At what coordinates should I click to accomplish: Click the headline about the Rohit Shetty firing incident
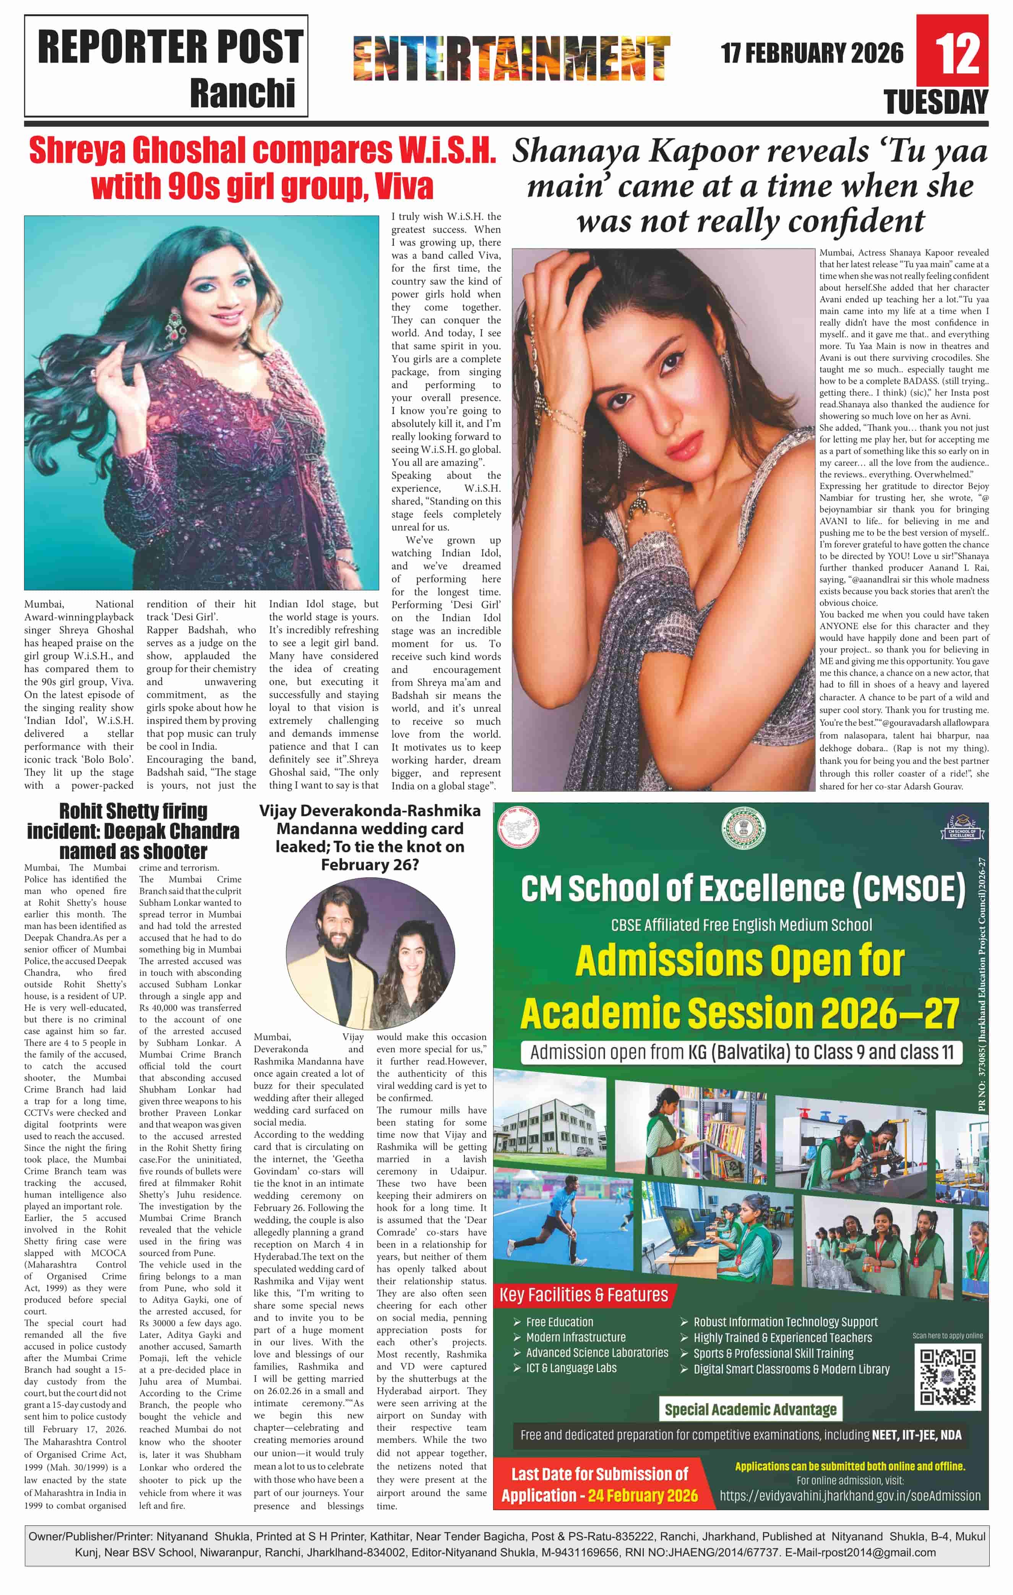click(133, 831)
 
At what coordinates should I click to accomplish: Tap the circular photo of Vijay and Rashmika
click(370, 953)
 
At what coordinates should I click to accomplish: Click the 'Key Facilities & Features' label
click(584, 1295)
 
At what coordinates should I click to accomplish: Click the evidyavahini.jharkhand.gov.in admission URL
click(850, 1496)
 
